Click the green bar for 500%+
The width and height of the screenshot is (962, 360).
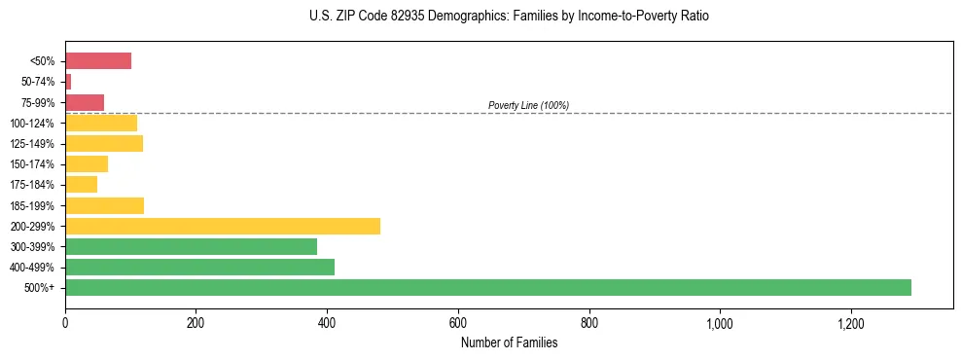pos(487,287)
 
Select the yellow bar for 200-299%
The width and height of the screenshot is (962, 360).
pos(223,226)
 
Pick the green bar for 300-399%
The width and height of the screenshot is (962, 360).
pos(191,246)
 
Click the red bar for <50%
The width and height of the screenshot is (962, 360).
pos(98,61)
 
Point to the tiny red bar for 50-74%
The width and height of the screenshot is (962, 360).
pos(68,82)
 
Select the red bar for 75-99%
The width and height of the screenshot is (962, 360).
pos(85,102)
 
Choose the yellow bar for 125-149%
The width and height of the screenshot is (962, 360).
pos(104,144)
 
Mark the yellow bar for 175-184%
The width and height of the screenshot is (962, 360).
pos(81,185)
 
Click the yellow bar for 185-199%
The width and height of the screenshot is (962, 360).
pos(104,205)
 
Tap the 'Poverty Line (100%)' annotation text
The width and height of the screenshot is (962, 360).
pos(528,105)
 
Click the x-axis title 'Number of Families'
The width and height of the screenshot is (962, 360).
pos(509,342)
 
